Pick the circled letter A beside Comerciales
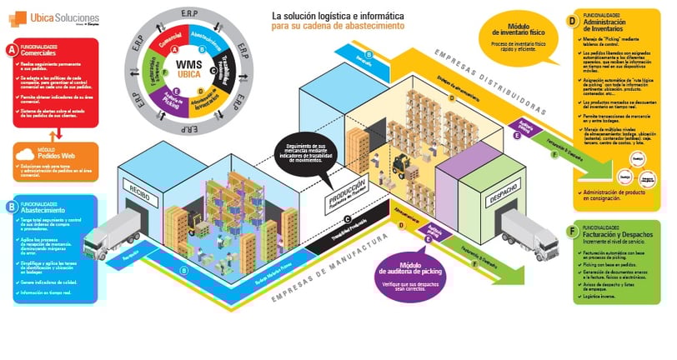click(11, 49)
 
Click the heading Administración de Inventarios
click(618, 24)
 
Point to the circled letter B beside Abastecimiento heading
click(11, 205)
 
